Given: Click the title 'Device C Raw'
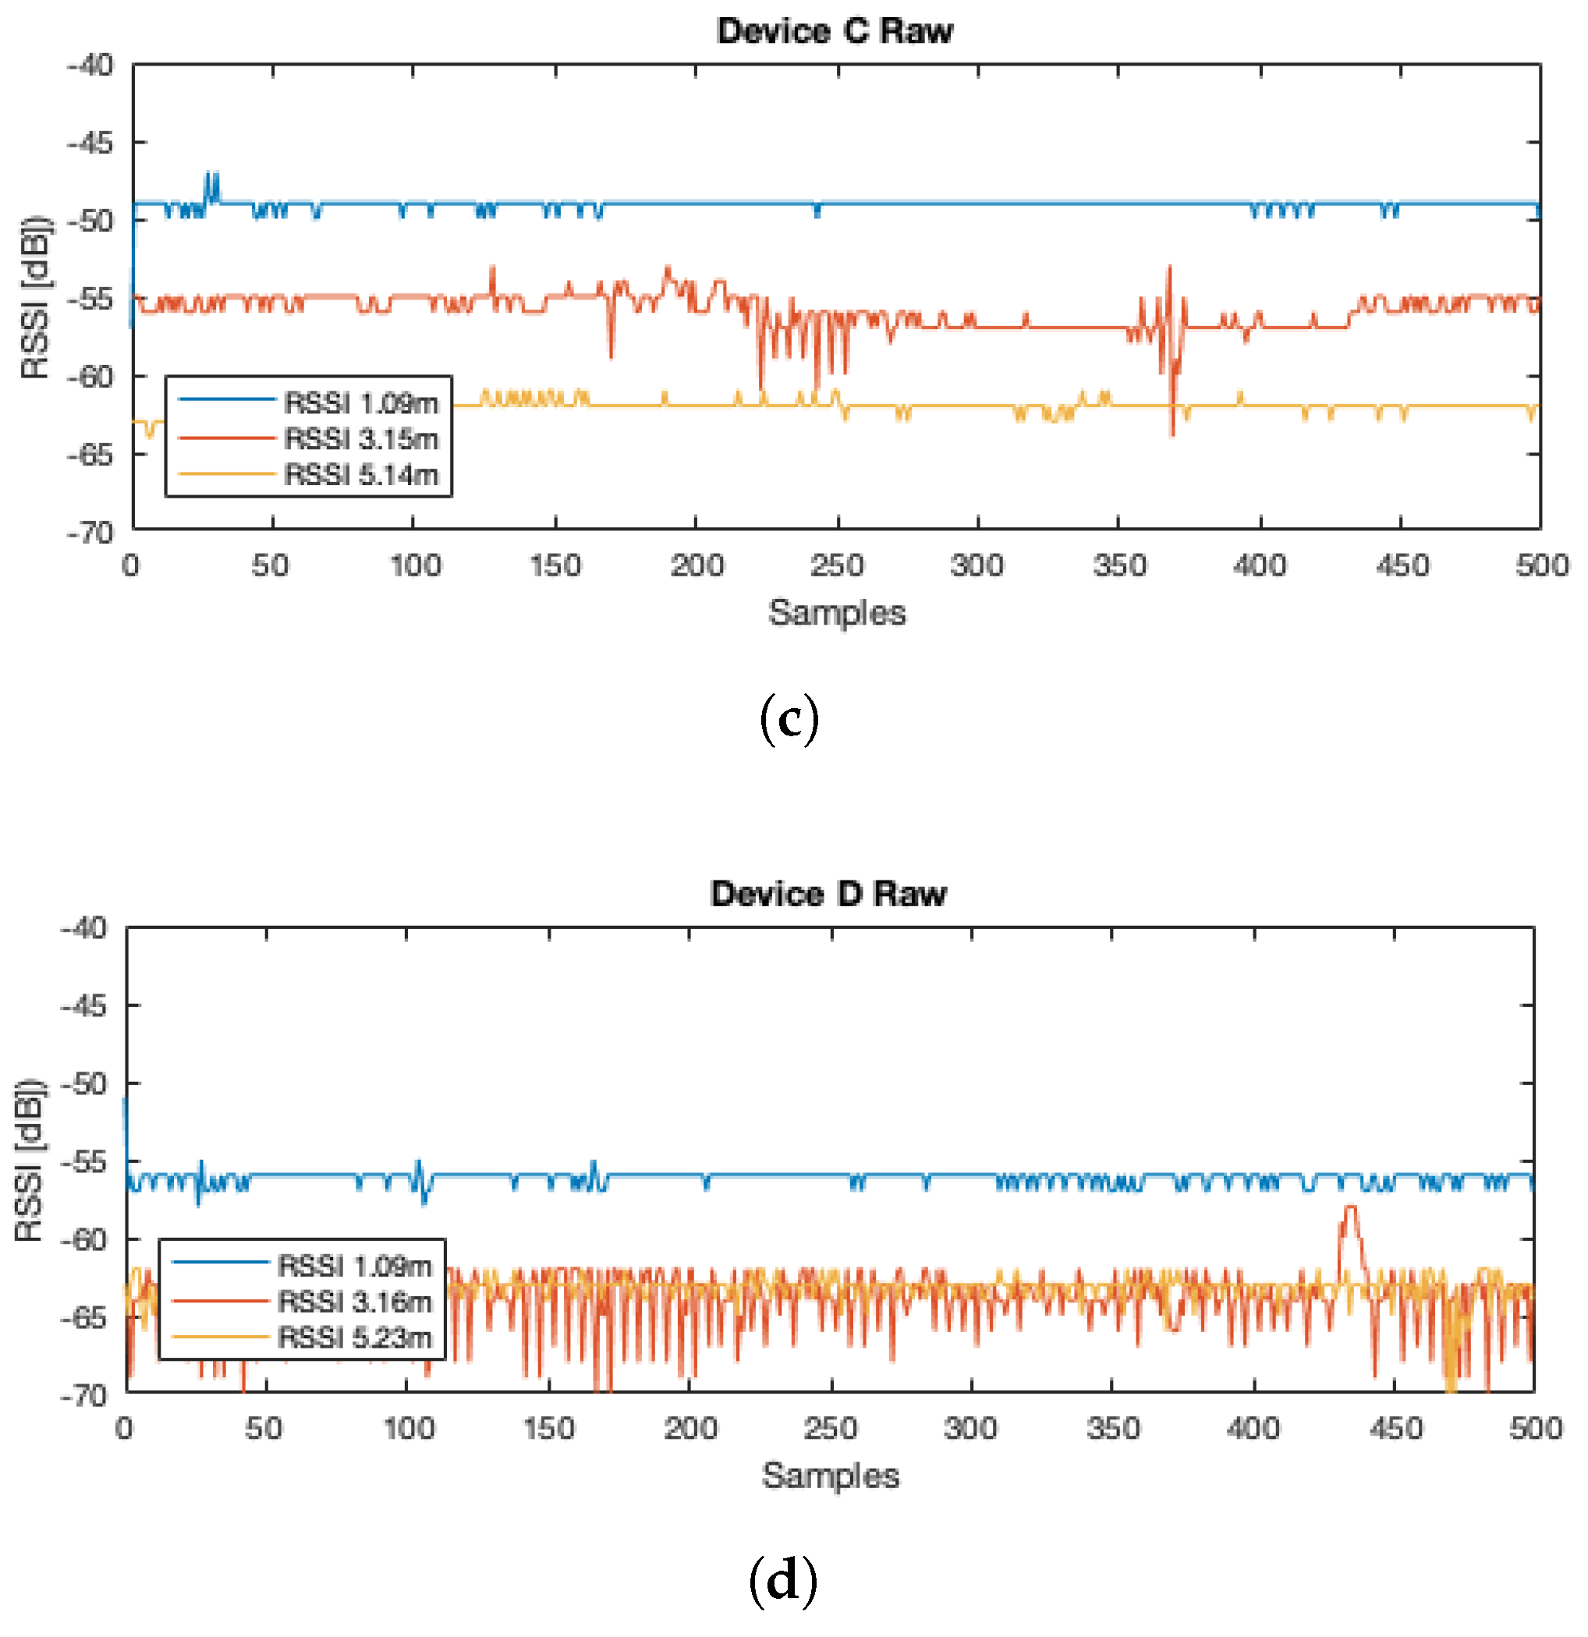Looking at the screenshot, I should point(834,31).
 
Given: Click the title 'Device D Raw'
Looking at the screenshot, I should point(827,894).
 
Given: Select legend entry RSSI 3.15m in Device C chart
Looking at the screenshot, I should point(360,438).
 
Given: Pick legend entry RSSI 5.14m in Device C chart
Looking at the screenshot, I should point(360,474).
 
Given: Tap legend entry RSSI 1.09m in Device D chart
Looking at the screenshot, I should point(354,1267).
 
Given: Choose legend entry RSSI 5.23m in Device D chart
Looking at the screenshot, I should point(354,1338).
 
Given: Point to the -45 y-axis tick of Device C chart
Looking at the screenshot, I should point(90,144).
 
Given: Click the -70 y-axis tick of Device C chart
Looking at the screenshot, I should point(90,533).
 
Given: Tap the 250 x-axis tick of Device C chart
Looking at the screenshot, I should point(837,566).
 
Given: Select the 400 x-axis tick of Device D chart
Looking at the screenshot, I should point(1253,1429).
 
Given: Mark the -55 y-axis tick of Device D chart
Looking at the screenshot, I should point(83,1163).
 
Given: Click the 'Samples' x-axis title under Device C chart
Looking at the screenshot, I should point(837,613).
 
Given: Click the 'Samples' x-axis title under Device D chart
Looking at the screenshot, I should point(831,1476).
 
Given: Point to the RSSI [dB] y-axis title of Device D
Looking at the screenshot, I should point(28,1161).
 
